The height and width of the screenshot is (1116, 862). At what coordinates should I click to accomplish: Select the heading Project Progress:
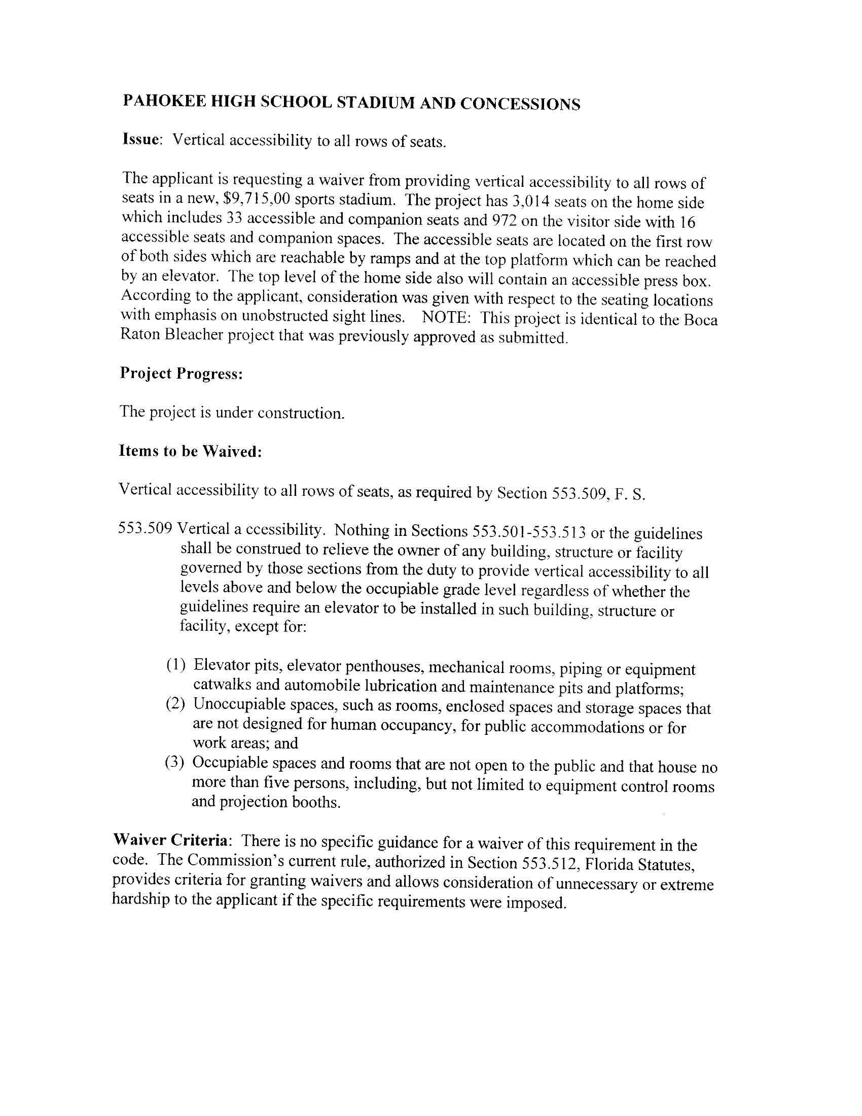181,374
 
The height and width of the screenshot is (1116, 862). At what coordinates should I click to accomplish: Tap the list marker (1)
175,665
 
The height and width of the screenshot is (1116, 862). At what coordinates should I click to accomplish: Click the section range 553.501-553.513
528,532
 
